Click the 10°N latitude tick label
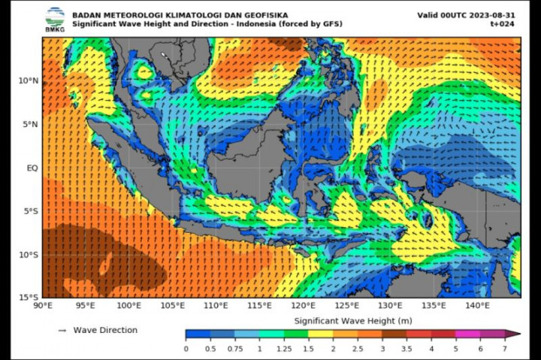point(28,81)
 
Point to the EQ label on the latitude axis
point(32,168)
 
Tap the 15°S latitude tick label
point(28,298)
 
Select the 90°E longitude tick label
point(43,306)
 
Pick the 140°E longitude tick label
point(477,306)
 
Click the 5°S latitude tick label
point(30,211)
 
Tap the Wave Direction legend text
point(105,330)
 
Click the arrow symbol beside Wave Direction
point(62,330)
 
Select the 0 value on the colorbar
point(186,349)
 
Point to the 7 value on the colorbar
point(506,349)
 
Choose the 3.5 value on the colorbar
point(407,349)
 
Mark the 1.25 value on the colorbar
point(285,349)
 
